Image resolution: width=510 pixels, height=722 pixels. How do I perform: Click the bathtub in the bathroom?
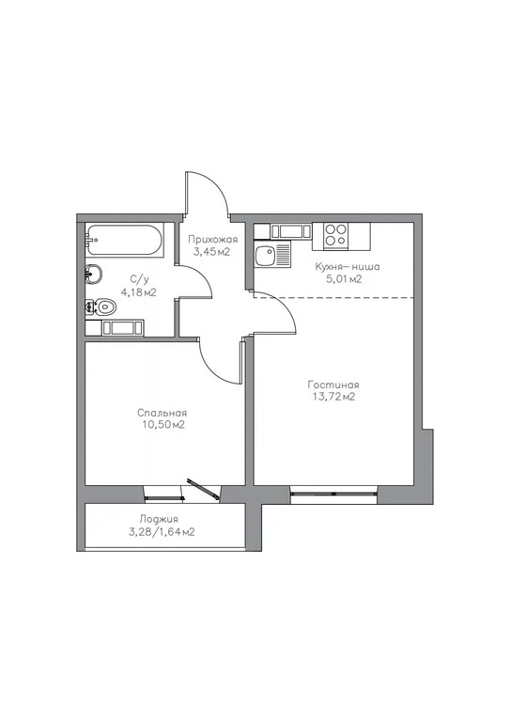[x=124, y=243]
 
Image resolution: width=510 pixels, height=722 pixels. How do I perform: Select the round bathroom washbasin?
[x=93, y=274]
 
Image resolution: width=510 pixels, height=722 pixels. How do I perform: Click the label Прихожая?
[x=211, y=240]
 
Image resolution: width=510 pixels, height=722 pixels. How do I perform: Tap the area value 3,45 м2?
[x=211, y=252]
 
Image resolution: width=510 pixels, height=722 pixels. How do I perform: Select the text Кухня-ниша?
[x=348, y=266]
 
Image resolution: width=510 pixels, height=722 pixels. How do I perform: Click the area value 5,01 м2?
[x=344, y=279]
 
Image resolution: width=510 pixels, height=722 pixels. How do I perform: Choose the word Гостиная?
[x=333, y=385]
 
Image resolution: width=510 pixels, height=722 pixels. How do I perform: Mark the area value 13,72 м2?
[x=333, y=398]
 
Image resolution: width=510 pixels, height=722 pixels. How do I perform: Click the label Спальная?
[x=162, y=413]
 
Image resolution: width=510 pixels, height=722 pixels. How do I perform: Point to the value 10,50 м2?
[x=162, y=425]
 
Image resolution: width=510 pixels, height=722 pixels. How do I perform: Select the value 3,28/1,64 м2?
[x=162, y=532]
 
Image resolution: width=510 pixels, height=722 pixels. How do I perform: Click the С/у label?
[x=138, y=279]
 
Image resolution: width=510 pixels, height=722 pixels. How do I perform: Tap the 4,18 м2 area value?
[x=138, y=292]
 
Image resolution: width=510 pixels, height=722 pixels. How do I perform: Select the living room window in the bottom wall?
[x=333, y=490]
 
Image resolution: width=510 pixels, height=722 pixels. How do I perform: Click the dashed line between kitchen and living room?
[x=357, y=297]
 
